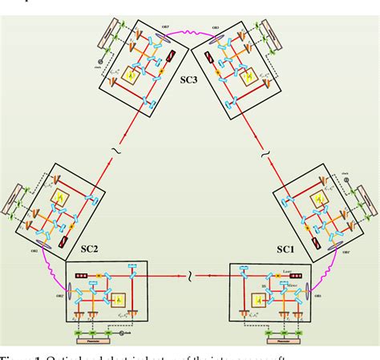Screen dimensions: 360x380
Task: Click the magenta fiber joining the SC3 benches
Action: click(x=189, y=32)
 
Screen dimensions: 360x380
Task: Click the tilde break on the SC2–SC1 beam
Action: click(x=189, y=277)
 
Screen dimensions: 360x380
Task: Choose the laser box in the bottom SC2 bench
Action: click(x=79, y=276)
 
